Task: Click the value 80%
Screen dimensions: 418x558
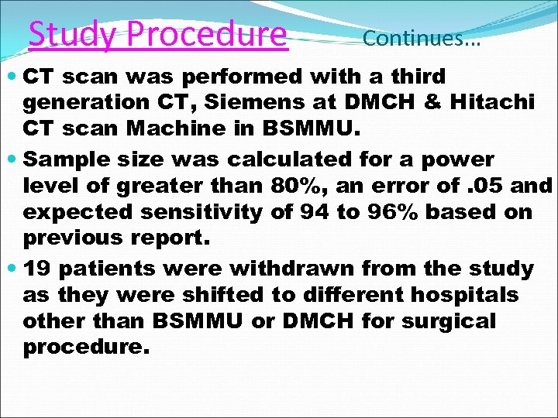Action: point(292,187)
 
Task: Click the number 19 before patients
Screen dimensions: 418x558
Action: point(37,269)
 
